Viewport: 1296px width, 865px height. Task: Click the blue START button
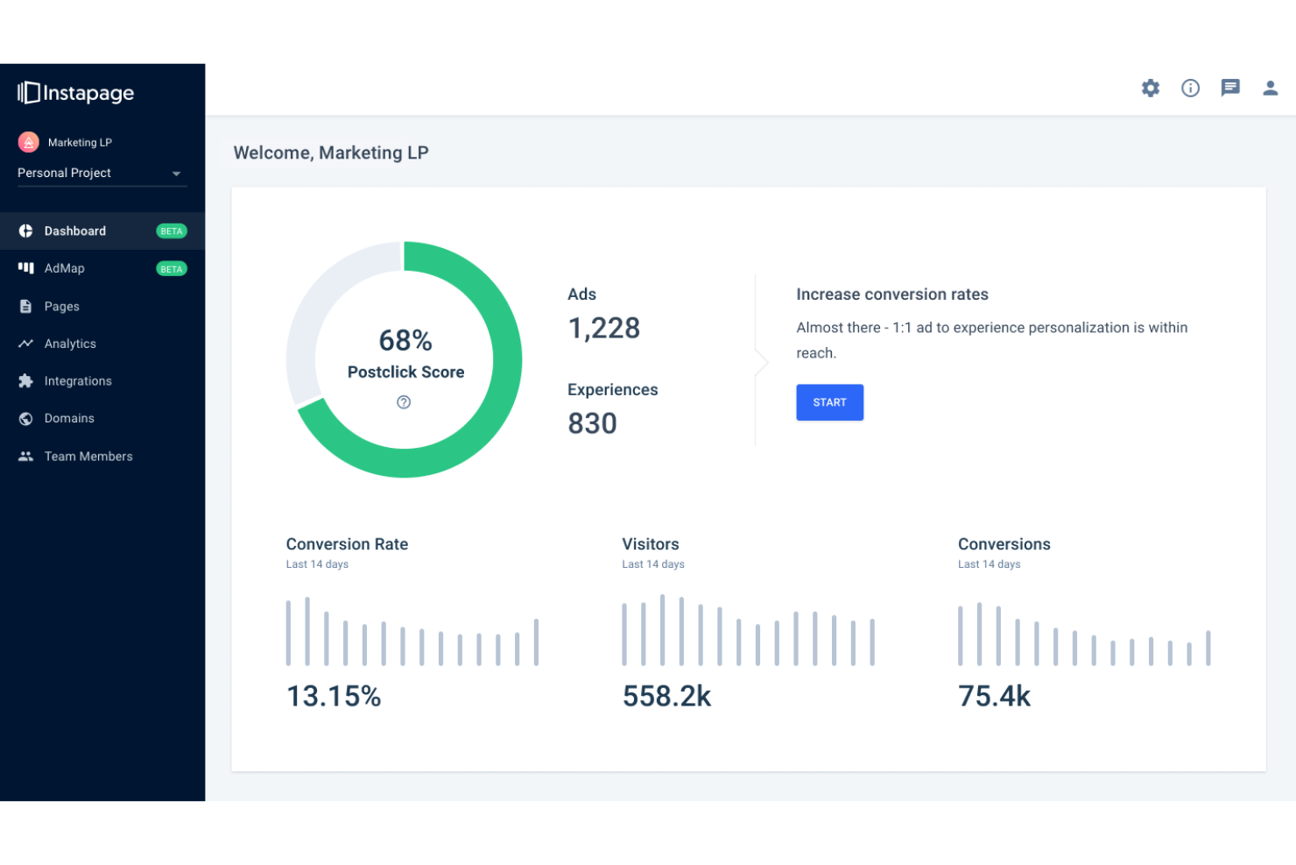[x=829, y=402]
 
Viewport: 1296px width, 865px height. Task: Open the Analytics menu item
[x=70, y=344]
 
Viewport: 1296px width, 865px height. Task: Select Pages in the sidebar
[x=61, y=307]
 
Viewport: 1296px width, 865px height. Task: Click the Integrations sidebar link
[x=78, y=381]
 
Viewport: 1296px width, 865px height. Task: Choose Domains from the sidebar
[x=69, y=419]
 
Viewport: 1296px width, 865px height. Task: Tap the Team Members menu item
[x=88, y=457]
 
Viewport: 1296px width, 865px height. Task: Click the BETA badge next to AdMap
[x=172, y=269]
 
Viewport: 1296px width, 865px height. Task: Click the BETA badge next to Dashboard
[x=172, y=231]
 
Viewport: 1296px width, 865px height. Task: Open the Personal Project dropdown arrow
[x=176, y=174]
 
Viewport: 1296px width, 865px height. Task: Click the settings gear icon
[x=1151, y=88]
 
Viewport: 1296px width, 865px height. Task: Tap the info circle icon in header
[x=1190, y=88]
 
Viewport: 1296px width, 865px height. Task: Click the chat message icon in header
[x=1230, y=88]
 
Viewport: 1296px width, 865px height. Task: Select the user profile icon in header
[x=1270, y=88]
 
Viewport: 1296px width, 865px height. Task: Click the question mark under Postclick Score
[x=404, y=402]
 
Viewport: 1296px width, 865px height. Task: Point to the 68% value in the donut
[x=405, y=340]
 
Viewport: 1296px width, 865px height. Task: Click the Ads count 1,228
[x=604, y=329]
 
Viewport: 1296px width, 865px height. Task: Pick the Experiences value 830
[x=593, y=423]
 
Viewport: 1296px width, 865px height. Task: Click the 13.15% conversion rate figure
[x=334, y=696]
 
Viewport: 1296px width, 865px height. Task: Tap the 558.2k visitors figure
[x=666, y=696]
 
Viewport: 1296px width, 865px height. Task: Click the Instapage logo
[x=76, y=93]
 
